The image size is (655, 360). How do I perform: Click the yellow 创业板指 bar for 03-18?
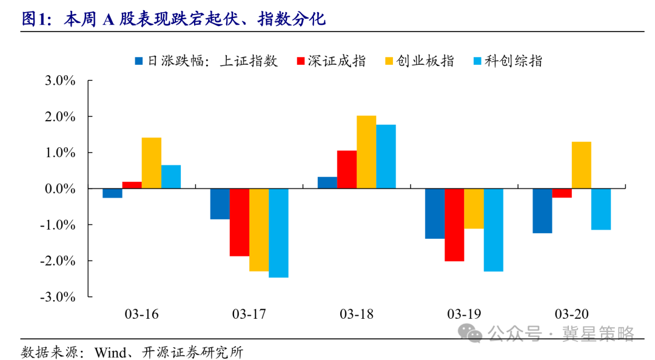(x=366, y=152)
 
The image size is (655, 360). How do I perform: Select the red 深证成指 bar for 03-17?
(x=240, y=222)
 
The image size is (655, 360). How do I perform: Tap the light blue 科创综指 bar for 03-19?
(x=493, y=230)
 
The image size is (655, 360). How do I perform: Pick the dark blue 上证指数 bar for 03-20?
(x=542, y=210)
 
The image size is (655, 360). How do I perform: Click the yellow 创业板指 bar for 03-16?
(x=151, y=163)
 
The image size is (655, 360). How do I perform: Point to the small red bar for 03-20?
(x=562, y=193)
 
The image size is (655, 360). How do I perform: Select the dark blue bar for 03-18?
(x=327, y=182)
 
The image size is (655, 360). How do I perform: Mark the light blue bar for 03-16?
(x=171, y=176)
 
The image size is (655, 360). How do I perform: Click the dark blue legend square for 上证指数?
(x=139, y=61)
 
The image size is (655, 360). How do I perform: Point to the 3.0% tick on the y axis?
(x=58, y=81)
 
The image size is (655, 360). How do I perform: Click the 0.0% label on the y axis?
(x=58, y=188)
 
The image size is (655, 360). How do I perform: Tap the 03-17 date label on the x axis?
(x=249, y=314)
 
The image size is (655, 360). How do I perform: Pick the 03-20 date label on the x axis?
(x=571, y=314)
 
